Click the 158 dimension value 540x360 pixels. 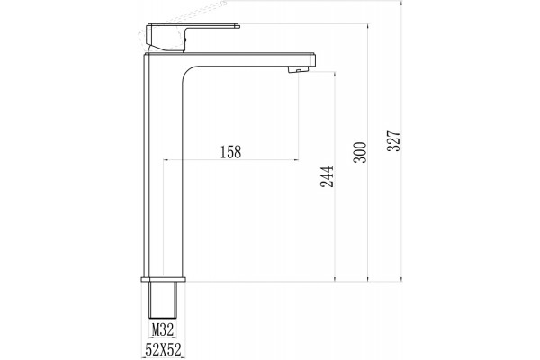[230, 152]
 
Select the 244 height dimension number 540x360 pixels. [327, 176]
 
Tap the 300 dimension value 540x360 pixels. [360, 152]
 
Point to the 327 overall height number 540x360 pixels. [393, 140]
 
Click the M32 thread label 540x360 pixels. [163, 330]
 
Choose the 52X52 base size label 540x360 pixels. [163, 350]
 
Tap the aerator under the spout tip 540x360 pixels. [298, 69]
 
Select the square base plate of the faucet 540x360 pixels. [163, 279]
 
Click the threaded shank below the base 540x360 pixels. [163, 300]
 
